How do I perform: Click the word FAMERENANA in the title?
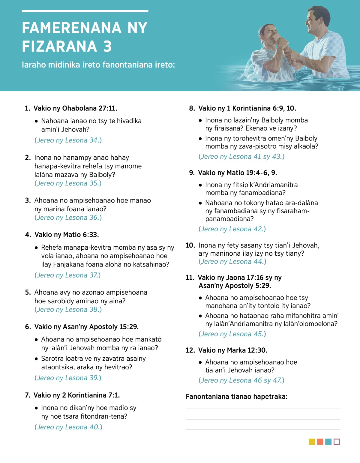pyautogui.click(x=71, y=28)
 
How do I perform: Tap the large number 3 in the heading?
pyautogui.click(x=107, y=47)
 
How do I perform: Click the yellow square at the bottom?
pyautogui.click(x=312, y=442)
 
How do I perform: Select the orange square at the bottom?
pyautogui.click(x=320, y=442)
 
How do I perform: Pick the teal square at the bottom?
pyautogui.click(x=328, y=442)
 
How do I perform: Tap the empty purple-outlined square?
pyautogui.click(x=337, y=442)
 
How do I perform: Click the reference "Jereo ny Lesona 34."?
pyautogui.click(x=68, y=140)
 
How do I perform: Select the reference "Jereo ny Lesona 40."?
pyautogui.click(x=68, y=427)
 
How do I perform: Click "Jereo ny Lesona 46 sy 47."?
pyautogui.click(x=241, y=380)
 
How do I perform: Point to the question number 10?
pyautogui.click(x=190, y=245)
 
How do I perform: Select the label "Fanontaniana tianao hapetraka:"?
pyautogui.click(x=236, y=397)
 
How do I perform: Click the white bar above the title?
pyautogui.click(x=85, y=11)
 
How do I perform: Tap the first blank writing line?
pyautogui.click(x=262, y=409)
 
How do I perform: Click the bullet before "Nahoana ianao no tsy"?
pyautogui.click(x=36, y=121)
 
